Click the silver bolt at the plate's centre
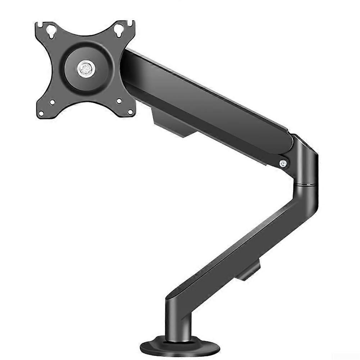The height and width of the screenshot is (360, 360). coord(85,68)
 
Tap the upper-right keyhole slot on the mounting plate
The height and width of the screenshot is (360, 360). coord(119,31)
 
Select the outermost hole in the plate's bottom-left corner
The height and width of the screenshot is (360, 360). coord(41,113)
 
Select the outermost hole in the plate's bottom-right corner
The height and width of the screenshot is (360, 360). coord(129,112)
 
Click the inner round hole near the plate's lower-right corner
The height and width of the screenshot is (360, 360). coord(119,101)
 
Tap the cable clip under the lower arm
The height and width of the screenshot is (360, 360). coord(249,271)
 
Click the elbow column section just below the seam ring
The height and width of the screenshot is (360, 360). coord(306,198)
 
